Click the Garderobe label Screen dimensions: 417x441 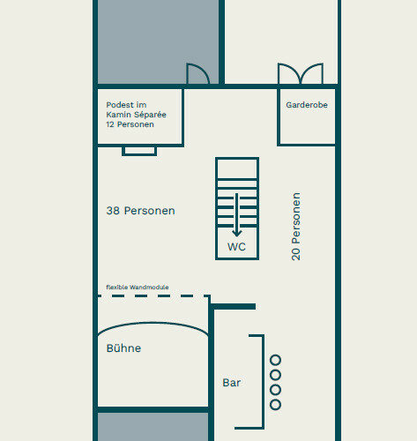(x=307, y=105)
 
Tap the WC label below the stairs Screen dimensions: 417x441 (x=236, y=247)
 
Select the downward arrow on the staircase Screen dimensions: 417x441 (x=237, y=215)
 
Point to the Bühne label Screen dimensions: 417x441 (x=123, y=348)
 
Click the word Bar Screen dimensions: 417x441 (x=232, y=383)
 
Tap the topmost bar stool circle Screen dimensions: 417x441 (x=275, y=360)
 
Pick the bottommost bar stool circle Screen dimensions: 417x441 (x=275, y=405)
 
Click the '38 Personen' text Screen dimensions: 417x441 (x=140, y=211)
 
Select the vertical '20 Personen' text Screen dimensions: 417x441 (x=296, y=227)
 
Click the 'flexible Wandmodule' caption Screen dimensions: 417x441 (x=138, y=287)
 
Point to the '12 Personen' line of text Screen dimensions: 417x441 (x=130, y=124)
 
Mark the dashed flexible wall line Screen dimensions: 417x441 (x=153, y=296)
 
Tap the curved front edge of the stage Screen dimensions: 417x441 (x=153, y=323)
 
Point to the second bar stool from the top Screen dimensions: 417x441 (x=275, y=375)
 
